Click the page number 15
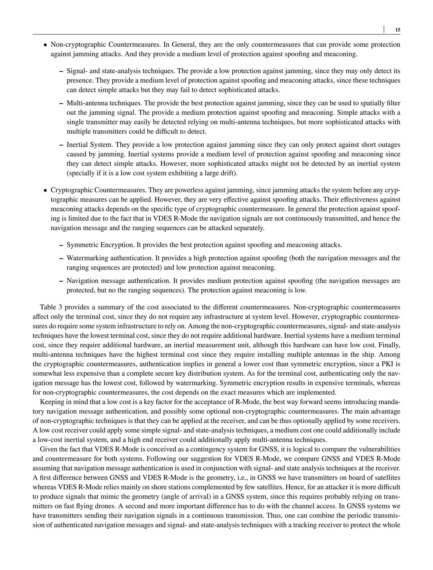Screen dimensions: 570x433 398,30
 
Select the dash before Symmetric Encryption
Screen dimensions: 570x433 61,245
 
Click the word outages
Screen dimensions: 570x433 388,145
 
